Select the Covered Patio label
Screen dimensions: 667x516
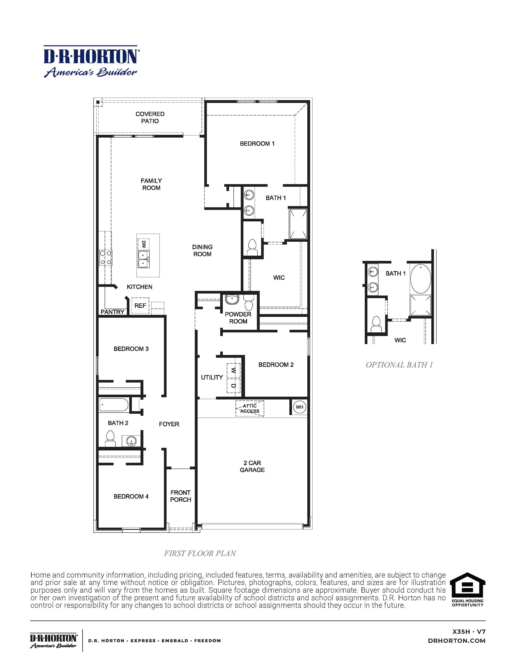click(150, 117)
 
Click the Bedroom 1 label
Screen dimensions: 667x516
click(257, 144)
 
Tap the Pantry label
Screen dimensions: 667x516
click(113, 312)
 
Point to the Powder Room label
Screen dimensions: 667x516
click(238, 318)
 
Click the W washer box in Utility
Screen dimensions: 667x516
click(234, 370)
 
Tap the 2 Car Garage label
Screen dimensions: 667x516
click(252, 466)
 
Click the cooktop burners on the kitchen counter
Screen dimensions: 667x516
click(105, 257)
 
